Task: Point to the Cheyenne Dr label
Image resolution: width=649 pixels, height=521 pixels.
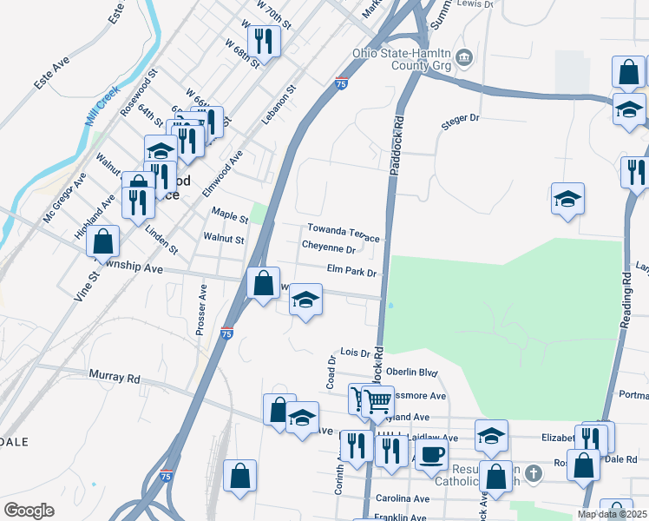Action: tap(328, 248)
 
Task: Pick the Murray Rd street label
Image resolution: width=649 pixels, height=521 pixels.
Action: tap(115, 378)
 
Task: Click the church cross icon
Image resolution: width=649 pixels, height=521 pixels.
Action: tap(533, 474)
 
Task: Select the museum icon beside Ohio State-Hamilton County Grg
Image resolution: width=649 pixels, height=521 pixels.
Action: tap(464, 57)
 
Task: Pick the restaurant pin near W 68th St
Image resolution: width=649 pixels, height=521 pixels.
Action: tap(262, 40)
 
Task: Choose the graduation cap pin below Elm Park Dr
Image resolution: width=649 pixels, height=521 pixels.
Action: tap(305, 300)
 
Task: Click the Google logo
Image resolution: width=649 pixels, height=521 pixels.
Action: tap(29, 511)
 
